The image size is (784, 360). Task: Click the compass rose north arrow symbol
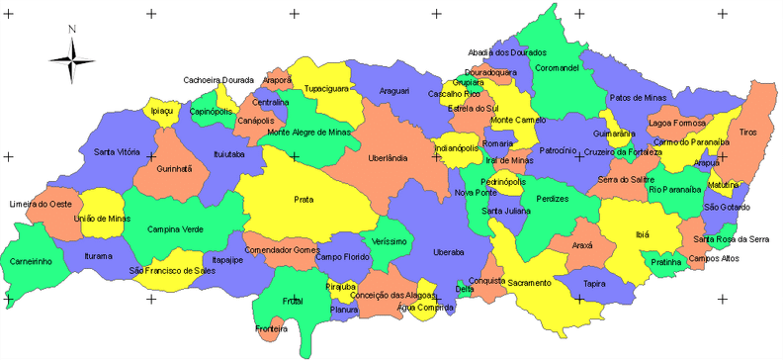(72, 61)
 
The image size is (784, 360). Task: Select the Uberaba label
(447, 252)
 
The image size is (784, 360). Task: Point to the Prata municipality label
(304, 199)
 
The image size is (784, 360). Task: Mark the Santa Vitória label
(117, 152)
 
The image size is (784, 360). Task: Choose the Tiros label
(747, 131)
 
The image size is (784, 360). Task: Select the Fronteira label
(271, 328)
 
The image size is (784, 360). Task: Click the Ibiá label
(643, 235)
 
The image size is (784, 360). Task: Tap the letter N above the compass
(72, 30)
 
